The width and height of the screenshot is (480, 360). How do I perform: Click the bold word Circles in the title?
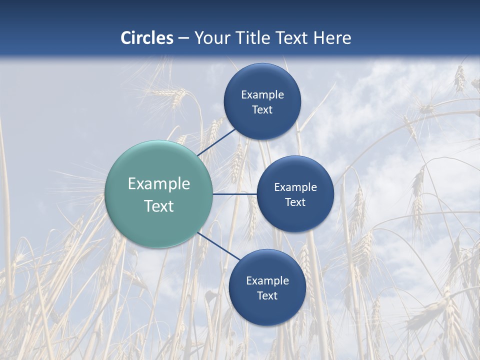[147, 38]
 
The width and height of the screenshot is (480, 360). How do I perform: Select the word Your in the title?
[210, 38]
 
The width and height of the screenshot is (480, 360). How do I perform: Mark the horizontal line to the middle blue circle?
[234, 194]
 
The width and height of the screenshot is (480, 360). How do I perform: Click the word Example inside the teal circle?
[159, 184]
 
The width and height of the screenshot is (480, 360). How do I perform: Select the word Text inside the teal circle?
[159, 206]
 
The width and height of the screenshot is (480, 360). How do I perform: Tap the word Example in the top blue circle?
[262, 95]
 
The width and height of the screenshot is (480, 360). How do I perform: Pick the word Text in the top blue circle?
[262, 110]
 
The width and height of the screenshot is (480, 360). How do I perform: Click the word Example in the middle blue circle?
[295, 187]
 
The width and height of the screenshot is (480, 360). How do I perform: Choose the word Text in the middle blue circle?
[295, 202]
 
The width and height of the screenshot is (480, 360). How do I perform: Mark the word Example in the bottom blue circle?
[267, 281]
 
